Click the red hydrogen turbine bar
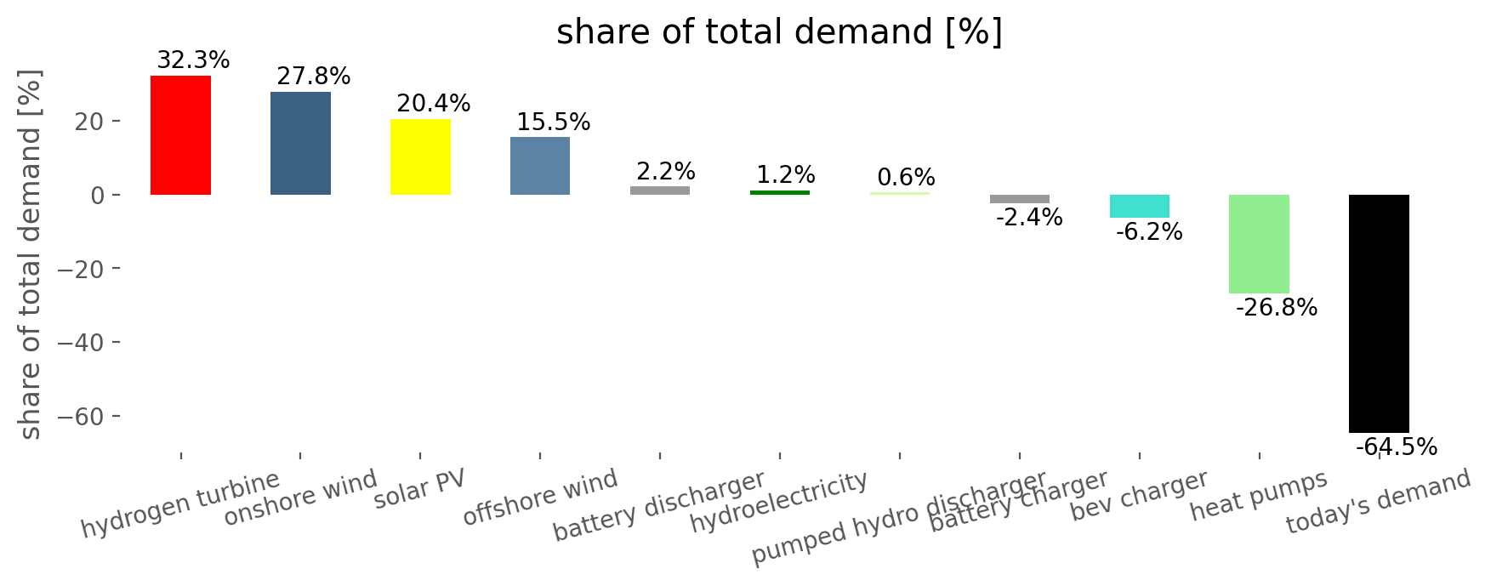[180, 135]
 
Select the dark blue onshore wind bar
[300, 143]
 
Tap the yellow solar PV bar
[420, 156]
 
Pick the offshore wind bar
[540, 166]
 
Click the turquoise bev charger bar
[1140, 206]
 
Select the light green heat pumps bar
[1259, 244]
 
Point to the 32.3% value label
[193, 60]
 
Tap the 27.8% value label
[313, 77]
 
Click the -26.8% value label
[1276, 307]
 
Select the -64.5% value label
[1396, 447]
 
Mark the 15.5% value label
[553, 122]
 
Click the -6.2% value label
[1148, 231]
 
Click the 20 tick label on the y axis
[88, 121]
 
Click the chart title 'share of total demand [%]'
[779, 32]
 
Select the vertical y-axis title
[30, 255]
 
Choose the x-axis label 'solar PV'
[420, 489]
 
